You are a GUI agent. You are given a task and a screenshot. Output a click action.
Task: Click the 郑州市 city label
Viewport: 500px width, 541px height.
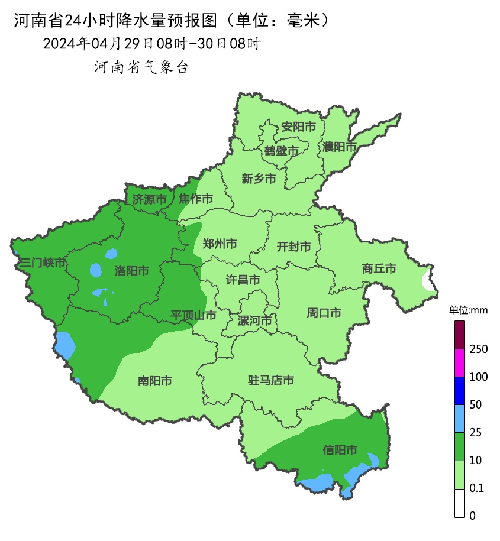click(x=220, y=244)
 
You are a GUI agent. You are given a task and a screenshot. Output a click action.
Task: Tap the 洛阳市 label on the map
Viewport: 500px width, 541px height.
click(x=131, y=271)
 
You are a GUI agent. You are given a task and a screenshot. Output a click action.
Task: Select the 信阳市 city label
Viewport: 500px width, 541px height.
click(x=340, y=451)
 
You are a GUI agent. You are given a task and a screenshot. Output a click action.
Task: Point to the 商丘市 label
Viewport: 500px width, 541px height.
click(x=379, y=268)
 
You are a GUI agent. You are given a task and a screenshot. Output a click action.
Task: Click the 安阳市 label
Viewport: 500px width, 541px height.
click(x=298, y=127)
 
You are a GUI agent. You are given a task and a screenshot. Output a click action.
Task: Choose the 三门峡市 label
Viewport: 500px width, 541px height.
click(x=42, y=263)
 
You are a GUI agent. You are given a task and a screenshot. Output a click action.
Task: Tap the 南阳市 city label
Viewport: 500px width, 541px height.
click(x=154, y=381)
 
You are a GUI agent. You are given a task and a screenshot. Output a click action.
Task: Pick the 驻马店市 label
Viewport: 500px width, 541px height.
click(x=271, y=380)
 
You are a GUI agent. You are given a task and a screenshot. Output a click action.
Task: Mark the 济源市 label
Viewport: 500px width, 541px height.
click(x=149, y=199)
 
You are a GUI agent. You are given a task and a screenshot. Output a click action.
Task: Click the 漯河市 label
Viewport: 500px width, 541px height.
click(x=254, y=321)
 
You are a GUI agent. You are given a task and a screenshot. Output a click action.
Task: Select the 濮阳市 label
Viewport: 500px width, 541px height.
click(x=340, y=147)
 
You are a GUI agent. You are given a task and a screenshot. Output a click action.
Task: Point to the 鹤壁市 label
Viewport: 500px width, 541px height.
click(x=281, y=151)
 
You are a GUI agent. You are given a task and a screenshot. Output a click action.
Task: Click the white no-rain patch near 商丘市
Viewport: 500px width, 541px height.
click(x=427, y=279)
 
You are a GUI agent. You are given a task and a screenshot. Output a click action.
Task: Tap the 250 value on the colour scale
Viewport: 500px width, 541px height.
click(x=478, y=349)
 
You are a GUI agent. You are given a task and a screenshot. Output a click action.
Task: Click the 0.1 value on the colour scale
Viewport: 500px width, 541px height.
click(x=476, y=488)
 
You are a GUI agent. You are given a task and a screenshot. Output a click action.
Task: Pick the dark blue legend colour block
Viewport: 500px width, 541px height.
click(x=460, y=391)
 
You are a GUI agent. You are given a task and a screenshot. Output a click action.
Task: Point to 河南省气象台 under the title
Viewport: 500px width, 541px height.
click(x=141, y=67)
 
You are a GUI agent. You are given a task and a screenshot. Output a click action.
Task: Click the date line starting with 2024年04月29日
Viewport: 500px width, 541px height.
click(x=151, y=44)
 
